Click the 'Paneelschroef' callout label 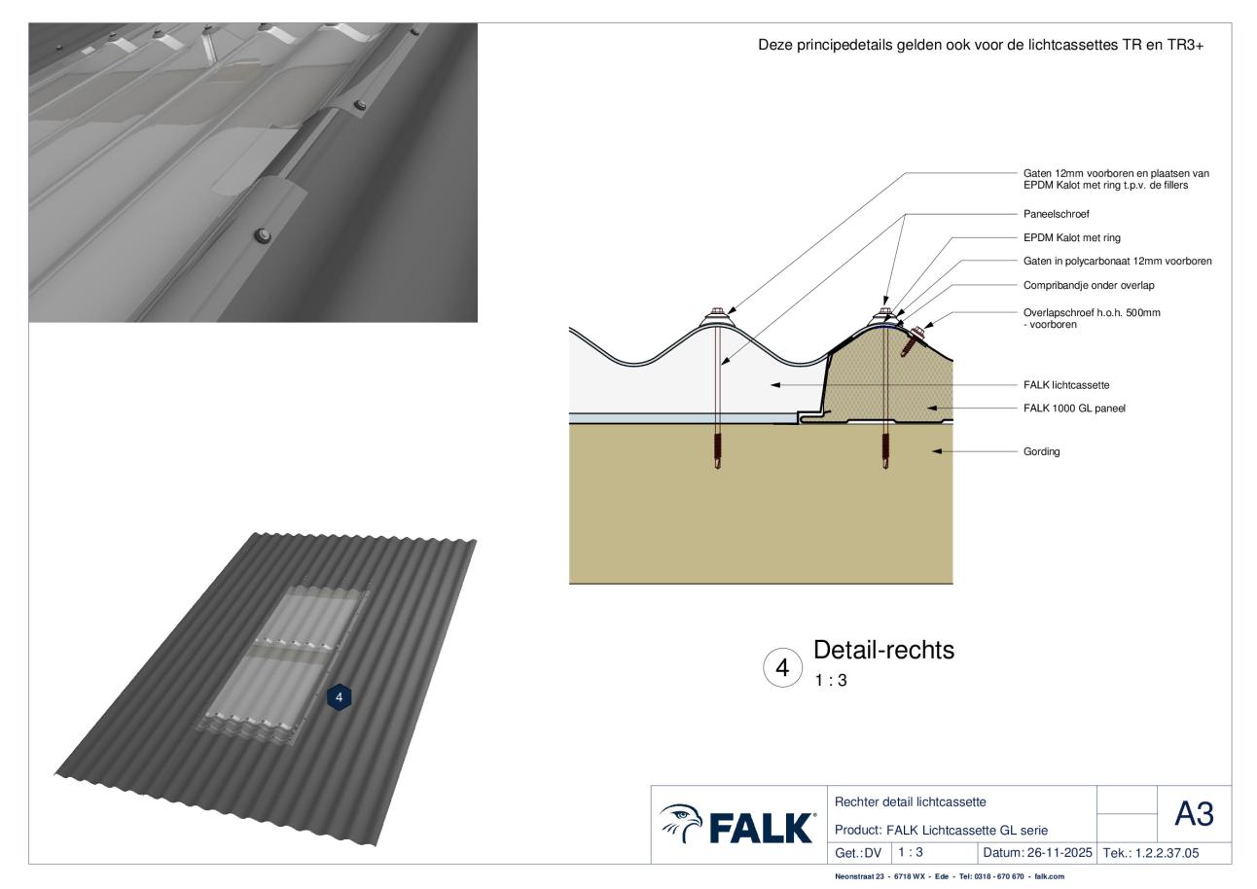pyautogui.click(x=1057, y=214)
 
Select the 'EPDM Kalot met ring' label pyautogui.click(x=1072, y=238)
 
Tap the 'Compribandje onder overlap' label pyautogui.click(x=1089, y=286)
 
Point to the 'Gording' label pyautogui.click(x=1042, y=451)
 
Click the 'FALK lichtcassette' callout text pyautogui.click(x=1066, y=385)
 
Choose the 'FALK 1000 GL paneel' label pyautogui.click(x=1074, y=409)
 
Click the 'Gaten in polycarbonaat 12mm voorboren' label pyautogui.click(x=1117, y=262)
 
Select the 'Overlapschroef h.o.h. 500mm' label pyautogui.click(x=1092, y=313)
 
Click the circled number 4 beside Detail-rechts pyautogui.click(x=782, y=667)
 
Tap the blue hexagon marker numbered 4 pyautogui.click(x=339, y=697)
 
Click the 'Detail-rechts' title pyautogui.click(x=883, y=650)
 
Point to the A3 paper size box pyautogui.click(x=1194, y=813)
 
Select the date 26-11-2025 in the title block pyautogui.click(x=1059, y=853)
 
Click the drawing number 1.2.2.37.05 pyautogui.click(x=1167, y=853)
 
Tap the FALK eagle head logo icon pyautogui.click(x=681, y=824)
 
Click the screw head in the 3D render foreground pyautogui.click(x=262, y=235)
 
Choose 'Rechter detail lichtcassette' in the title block pyautogui.click(x=911, y=802)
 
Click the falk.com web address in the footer pyautogui.click(x=1050, y=876)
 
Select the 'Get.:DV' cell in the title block pyautogui.click(x=858, y=853)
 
